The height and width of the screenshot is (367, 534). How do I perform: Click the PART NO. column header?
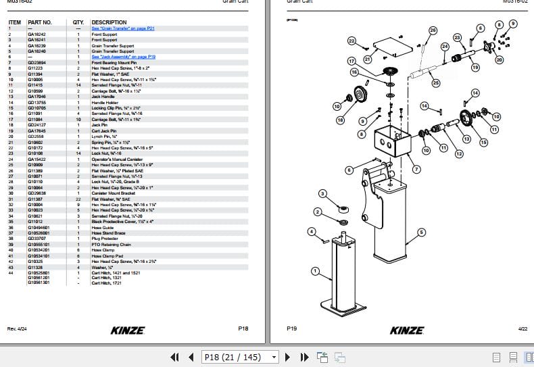39,22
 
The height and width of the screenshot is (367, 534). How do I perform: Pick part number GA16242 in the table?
37,34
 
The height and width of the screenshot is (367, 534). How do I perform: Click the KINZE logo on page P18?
124,331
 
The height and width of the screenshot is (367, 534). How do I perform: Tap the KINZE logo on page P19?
407,331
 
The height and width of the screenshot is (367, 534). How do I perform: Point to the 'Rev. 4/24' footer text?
16,328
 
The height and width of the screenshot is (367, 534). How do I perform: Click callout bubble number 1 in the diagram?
314,271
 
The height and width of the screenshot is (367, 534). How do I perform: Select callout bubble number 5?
421,233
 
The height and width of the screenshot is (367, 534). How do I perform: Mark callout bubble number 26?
433,30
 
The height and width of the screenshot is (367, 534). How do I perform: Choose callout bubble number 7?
416,168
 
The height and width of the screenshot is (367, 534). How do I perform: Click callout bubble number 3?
322,194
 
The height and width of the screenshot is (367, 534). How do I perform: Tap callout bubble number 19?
475,67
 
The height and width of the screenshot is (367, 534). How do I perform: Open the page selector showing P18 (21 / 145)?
241,357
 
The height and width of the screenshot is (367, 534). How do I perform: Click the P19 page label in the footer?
292,328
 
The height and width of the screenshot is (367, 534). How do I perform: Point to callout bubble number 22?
351,42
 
